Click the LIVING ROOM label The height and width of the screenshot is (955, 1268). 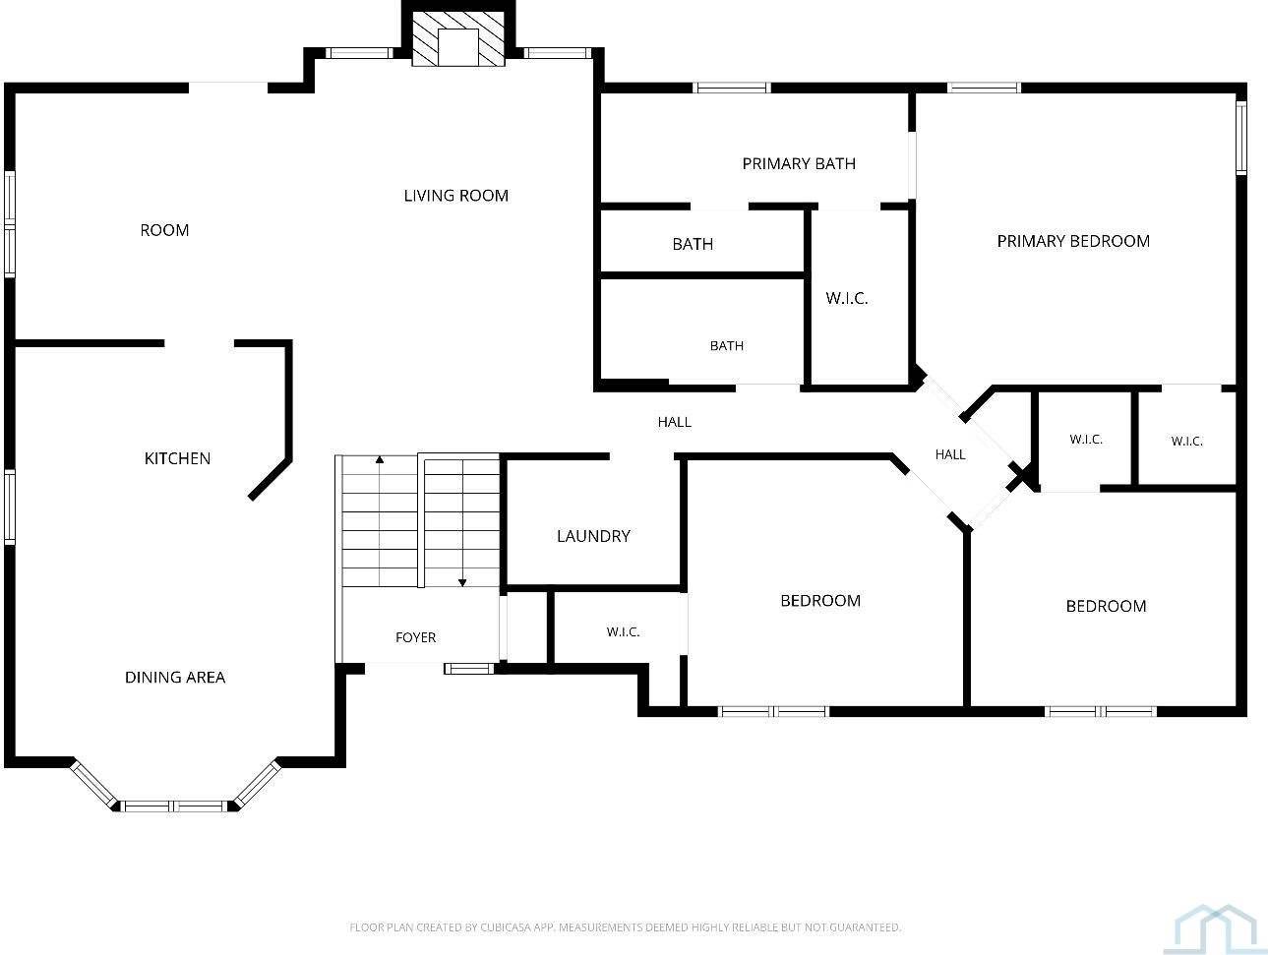pyautogui.click(x=455, y=196)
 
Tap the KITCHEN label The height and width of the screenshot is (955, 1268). pyautogui.click(x=177, y=458)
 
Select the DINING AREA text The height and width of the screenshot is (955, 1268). pyautogui.click(x=175, y=678)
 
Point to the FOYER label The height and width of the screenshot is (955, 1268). pyautogui.click(x=416, y=637)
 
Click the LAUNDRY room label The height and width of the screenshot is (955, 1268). pyautogui.click(x=593, y=536)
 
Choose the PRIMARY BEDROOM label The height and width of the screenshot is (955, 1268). pyautogui.click(x=1073, y=241)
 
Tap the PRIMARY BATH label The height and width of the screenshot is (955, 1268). pyautogui.click(x=799, y=164)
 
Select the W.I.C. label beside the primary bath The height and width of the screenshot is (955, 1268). pyautogui.click(x=847, y=299)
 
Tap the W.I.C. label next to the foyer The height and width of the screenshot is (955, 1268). pyautogui.click(x=624, y=632)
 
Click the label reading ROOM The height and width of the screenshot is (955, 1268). pyautogui.click(x=164, y=230)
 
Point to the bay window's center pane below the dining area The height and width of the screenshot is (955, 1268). pyautogui.click(x=174, y=806)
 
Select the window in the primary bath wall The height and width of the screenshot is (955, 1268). pyautogui.click(x=732, y=88)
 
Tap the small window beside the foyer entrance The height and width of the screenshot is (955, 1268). pyautogui.click(x=469, y=669)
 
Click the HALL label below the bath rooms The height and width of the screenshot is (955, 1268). pyautogui.click(x=674, y=422)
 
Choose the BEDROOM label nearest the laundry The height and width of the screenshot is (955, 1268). pyautogui.click(x=820, y=601)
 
